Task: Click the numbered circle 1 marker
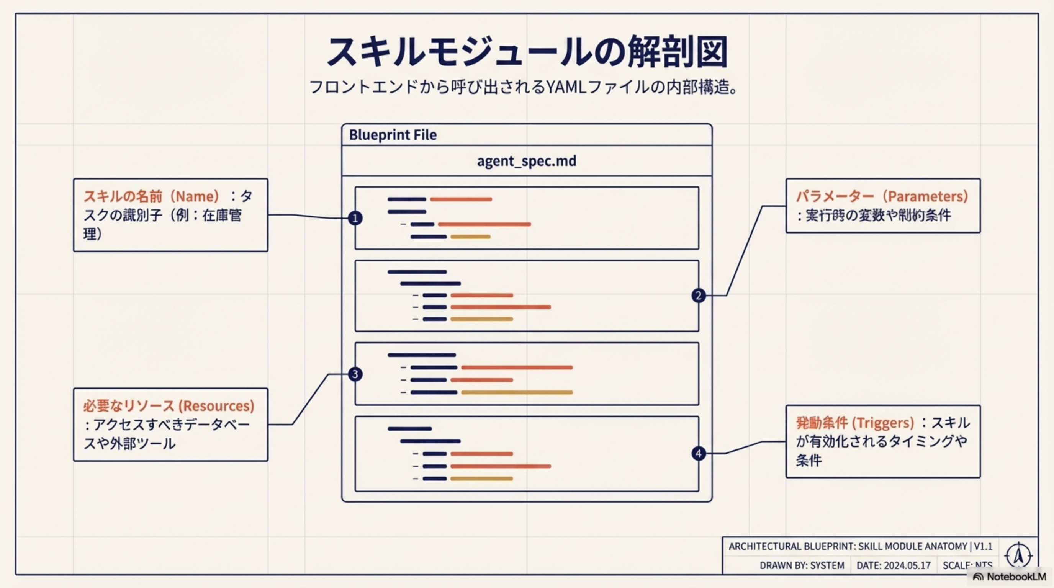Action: coord(355,218)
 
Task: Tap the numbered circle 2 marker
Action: coord(699,295)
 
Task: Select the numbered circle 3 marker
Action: coord(355,374)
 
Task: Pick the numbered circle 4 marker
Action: coord(699,454)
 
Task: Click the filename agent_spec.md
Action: coord(527,161)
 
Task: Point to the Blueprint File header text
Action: coord(393,135)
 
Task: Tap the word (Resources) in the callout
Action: coord(216,406)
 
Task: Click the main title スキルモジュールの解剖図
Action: coord(527,52)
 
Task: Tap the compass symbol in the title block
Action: coord(1018,556)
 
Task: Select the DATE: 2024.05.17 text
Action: coord(894,565)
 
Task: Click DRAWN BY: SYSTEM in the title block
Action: coord(802,565)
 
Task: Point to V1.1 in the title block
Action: coord(983,547)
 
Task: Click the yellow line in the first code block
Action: coord(470,237)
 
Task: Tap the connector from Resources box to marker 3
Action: coord(310,399)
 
